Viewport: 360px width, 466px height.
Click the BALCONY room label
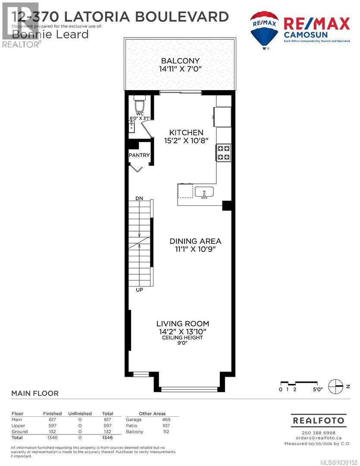click(180, 61)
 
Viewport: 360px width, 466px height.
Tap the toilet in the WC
click(139, 104)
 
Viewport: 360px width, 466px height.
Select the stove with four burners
click(223, 152)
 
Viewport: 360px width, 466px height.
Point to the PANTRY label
click(139, 155)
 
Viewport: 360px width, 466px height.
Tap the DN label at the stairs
click(139, 198)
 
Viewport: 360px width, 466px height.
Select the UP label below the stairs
click(139, 290)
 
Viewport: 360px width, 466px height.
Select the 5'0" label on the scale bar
click(317, 390)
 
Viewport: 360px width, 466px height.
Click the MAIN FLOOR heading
click(34, 393)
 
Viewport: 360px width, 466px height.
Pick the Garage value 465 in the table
click(166, 419)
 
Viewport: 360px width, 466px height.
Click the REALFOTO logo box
click(318, 420)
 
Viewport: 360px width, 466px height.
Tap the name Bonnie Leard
click(50, 34)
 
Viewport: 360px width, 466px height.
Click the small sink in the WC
click(132, 126)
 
